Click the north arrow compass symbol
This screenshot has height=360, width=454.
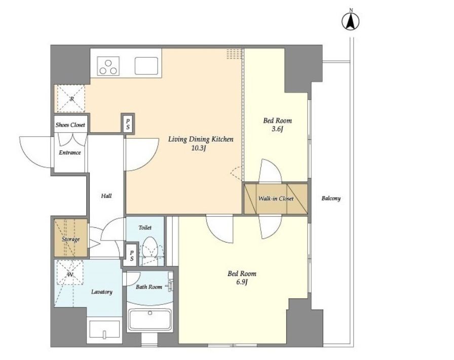(x=351, y=21)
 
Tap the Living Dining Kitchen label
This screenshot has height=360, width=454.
(x=201, y=139)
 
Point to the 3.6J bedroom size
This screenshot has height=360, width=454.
(x=277, y=129)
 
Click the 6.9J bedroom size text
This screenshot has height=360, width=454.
(x=242, y=282)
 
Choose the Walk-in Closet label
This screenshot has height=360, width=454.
(x=276, y=198)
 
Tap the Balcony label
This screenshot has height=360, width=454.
(x=331, y=198)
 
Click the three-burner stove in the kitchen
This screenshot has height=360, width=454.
(x=108, y=66)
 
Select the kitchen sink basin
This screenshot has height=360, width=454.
(x=146, y=66)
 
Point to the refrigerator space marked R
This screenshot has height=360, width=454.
(x=71, y=98)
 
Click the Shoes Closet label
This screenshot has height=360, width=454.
(x=70, y=125)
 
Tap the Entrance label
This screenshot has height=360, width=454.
(x=70, y=152)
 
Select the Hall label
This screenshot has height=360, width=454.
(x=106, y=196)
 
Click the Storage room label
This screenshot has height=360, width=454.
(x=70, y=239)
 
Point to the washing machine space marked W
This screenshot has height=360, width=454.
(x=70, y=274)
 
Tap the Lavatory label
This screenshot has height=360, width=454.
(x=102, y=292)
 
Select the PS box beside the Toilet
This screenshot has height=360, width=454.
(x=131, y=255)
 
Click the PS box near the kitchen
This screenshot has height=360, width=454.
(x=128, y=123)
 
